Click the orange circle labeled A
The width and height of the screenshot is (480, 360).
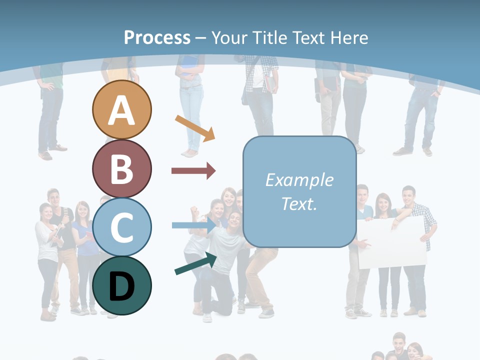point(121,109)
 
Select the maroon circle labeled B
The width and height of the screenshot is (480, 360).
point(121,168)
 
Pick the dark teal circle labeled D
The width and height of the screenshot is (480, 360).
point(121,285)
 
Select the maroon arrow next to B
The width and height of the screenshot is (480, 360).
point(193,171)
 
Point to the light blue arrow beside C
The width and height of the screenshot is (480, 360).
point(193,225)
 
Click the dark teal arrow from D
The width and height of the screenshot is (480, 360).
point(195,264)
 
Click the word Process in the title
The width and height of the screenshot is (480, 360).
point(157,37)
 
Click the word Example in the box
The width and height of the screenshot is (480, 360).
point(299,180)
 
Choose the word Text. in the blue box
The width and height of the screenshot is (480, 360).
point(299,204)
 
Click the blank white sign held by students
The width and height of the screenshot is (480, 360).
point(392,242)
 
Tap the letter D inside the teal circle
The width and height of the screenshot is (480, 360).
point(121,286)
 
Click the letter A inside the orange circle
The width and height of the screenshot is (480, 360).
point(121,110)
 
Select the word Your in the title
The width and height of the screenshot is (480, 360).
point(229,37)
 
